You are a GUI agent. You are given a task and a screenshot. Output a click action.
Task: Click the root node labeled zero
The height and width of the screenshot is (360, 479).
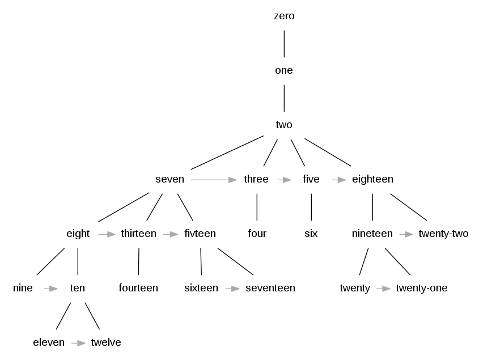[284, 16]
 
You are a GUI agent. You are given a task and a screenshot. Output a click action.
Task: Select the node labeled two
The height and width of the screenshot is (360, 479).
[284, 125]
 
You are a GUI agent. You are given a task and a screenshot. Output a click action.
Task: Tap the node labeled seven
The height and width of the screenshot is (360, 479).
[169, 179]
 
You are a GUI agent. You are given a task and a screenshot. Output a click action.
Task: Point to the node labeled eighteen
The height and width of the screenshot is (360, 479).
[372, 179]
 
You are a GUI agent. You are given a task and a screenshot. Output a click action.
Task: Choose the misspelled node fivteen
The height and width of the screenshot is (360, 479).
[200, 234]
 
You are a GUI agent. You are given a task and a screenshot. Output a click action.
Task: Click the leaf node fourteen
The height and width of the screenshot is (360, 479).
[138, 288]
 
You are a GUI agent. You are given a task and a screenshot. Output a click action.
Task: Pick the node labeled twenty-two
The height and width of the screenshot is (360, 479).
[443, 234]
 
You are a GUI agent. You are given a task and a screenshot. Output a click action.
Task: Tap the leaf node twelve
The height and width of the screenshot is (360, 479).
[106, 342]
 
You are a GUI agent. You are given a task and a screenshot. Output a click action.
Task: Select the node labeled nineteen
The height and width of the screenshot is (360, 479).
[372, 234]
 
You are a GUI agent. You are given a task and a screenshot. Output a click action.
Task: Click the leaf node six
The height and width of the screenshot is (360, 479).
[311, 234]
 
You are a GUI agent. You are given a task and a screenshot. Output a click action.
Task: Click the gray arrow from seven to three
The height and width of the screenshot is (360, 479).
[214, 180]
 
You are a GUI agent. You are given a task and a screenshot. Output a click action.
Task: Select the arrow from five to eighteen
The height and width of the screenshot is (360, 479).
[338, 180]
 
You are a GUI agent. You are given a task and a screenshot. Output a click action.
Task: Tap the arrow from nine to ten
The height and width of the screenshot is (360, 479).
[51, 289]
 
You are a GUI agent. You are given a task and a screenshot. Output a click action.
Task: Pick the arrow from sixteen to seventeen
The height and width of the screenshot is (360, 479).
[232, 289]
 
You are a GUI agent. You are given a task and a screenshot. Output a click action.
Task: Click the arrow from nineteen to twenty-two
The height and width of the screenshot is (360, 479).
[405, 234]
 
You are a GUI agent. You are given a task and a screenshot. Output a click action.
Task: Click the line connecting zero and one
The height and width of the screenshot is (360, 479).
[284, 43]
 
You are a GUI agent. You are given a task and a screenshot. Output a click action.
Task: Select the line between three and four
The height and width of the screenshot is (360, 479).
[257, 207]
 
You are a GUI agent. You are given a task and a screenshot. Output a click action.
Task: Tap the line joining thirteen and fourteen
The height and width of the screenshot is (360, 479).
[138, 261]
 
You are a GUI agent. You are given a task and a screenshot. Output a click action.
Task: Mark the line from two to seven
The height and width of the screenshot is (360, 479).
[227, 153]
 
